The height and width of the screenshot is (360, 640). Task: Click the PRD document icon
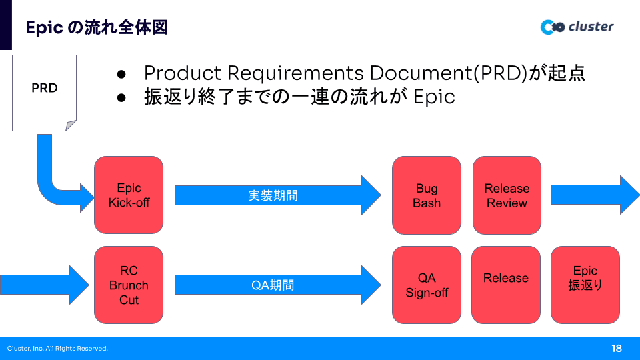tap(44, 92)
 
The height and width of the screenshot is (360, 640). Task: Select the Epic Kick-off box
tap(129, 195)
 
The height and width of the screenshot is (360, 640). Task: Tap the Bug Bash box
tap(427, 195)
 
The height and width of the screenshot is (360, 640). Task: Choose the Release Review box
tap(507, 195)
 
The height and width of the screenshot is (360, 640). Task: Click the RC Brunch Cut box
tap(129, 285)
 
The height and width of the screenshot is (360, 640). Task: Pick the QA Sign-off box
tap(427, 285)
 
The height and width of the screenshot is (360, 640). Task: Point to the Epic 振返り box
tap(585, 285)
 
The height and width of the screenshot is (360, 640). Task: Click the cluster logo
tap(577, 27)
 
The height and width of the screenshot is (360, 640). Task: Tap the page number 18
tap(616, 348)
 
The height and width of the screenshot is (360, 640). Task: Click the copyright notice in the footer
tap(57, 349)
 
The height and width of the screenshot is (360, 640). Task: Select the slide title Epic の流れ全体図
tap(96, 27)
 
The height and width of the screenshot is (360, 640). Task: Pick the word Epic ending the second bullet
tap(434, 97)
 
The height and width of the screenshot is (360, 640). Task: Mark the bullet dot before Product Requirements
tap(121, 73)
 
